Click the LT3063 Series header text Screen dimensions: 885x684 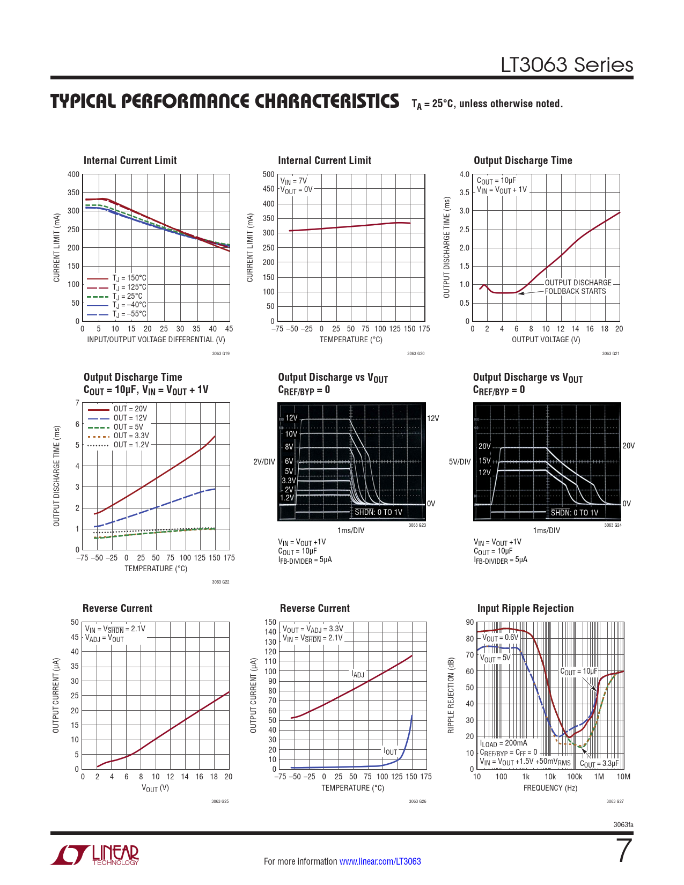567,65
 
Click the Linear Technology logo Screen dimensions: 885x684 95,855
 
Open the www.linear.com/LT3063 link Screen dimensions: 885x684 380,861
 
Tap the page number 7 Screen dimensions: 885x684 624,851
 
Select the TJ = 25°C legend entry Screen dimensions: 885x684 127,296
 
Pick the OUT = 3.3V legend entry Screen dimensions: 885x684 131,436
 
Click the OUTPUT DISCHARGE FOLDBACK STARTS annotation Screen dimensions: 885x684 578,287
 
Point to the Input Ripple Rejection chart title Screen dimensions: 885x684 525,608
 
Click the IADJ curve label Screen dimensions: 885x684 357,674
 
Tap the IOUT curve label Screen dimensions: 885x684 390,751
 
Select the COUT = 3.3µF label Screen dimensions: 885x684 599,764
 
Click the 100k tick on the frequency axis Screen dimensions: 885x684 575,777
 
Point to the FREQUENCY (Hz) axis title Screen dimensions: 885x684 550,788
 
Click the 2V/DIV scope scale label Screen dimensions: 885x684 264,462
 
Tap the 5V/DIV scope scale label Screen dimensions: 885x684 460,462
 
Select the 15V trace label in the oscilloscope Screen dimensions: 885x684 484,461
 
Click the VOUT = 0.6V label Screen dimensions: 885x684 500,638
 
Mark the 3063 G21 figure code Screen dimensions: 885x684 611,353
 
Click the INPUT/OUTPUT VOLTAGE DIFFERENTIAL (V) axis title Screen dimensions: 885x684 156,340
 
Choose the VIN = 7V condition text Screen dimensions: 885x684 293,181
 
